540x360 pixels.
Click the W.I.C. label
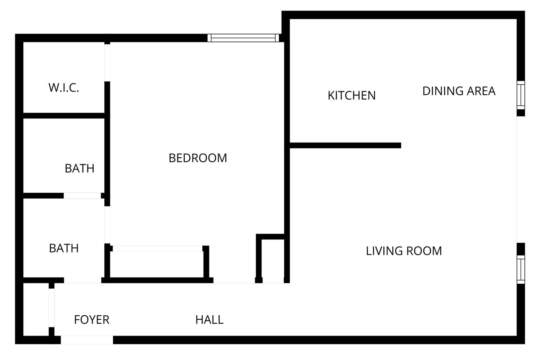point(64,87)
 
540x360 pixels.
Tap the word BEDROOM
point(198,158)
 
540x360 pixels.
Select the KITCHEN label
point(351,95)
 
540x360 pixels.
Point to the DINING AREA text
point(459,91)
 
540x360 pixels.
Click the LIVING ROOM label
point(404,251)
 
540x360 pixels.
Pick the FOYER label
point(91,320)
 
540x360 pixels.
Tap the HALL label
point(209,320)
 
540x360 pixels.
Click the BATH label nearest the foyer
point(64,248)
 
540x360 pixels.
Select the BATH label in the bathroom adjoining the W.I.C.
point(80,168)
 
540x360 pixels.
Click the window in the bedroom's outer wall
point(243,38)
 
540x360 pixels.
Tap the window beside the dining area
point(521,95)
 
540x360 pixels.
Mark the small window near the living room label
point(521,269)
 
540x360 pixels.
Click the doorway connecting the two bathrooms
point(82,196)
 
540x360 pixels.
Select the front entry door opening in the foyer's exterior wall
point(87,340)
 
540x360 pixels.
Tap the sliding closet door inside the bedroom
point(158,248)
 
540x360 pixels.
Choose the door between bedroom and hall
point(234,281)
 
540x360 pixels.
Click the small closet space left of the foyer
point(36,310)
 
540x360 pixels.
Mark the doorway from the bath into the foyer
point(82,280)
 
